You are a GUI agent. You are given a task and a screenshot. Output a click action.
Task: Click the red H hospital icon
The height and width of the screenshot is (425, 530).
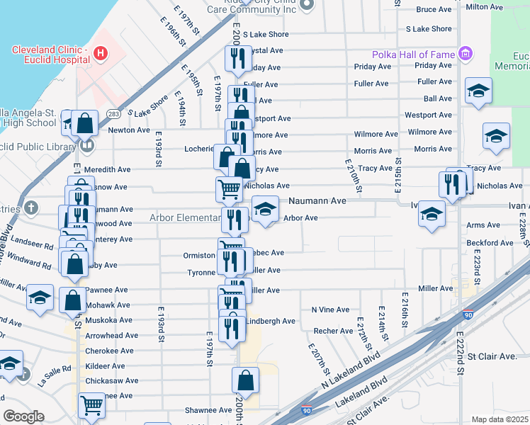[x=101, y=53]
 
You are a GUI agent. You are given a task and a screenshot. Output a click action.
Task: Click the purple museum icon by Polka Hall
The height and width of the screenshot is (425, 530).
[x=466, y=54]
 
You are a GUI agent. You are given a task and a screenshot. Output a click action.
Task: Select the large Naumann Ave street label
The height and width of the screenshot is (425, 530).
[x=317, y=201]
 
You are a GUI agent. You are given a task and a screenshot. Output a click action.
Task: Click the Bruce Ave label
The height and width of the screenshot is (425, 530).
[x=434, y=9]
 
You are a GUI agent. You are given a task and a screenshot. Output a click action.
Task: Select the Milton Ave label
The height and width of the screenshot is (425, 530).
[x=488, y=6]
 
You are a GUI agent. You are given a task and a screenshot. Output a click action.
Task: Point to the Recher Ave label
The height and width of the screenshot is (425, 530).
[x=333, y=331]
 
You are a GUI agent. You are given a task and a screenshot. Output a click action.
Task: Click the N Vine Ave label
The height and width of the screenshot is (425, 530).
[x=330, y=310]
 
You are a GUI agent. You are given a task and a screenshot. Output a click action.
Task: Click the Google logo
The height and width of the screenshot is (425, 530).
[x=23, y=416]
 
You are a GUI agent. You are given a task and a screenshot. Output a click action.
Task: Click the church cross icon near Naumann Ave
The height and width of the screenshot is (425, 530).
[x=30, y=208]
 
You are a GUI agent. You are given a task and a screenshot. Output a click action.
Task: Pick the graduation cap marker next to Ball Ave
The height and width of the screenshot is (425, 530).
[x=478, y=91]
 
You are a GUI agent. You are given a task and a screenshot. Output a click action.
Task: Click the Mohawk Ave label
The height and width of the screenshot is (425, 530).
[x=108, y=305]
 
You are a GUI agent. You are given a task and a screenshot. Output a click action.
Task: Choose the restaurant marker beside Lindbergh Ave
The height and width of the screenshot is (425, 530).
[x=232, y=328]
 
